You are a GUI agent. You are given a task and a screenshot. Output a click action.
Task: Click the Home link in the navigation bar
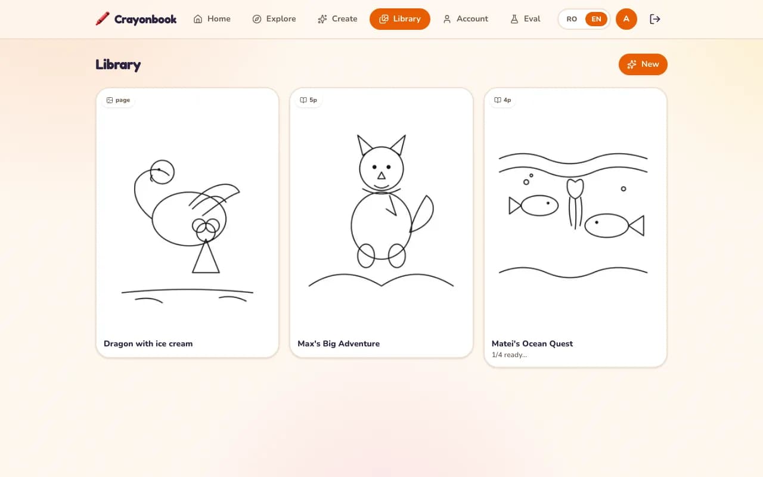tap(212, 18)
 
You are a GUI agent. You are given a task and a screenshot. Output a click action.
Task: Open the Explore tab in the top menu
tap(274, 18)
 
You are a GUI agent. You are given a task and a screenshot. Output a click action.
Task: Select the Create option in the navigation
tap(337, 18)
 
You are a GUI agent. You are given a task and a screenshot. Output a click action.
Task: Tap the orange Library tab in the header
tap(400, 18)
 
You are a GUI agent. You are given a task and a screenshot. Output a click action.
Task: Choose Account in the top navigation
tap(466, 18)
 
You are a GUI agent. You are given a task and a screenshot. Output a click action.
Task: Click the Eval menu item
tap(525, 18)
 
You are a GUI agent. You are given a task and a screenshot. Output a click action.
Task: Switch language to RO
tap(572, 19)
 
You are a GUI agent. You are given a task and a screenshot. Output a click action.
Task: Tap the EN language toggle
tap(596, 19)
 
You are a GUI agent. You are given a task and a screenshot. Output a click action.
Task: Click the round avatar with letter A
tap(626, 19)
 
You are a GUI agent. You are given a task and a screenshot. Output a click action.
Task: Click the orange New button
tap(643, 64)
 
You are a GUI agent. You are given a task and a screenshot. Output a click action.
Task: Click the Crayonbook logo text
tap(145, 20)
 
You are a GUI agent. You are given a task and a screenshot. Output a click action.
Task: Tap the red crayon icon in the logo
tap(103, 18)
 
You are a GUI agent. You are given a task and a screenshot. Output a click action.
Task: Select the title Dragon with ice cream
tap(148, 343)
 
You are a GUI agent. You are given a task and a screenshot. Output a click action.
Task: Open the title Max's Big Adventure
tap(339, 343)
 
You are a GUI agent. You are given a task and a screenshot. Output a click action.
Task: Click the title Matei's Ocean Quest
tap(532, 343)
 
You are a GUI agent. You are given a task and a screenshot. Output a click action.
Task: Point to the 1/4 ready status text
tap(509, 355)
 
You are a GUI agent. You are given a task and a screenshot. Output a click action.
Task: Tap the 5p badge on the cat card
tap(308, 100)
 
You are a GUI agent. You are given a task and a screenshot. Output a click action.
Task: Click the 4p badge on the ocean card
tap(503, 100)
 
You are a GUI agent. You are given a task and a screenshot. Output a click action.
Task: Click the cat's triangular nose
tap(381, 176)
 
